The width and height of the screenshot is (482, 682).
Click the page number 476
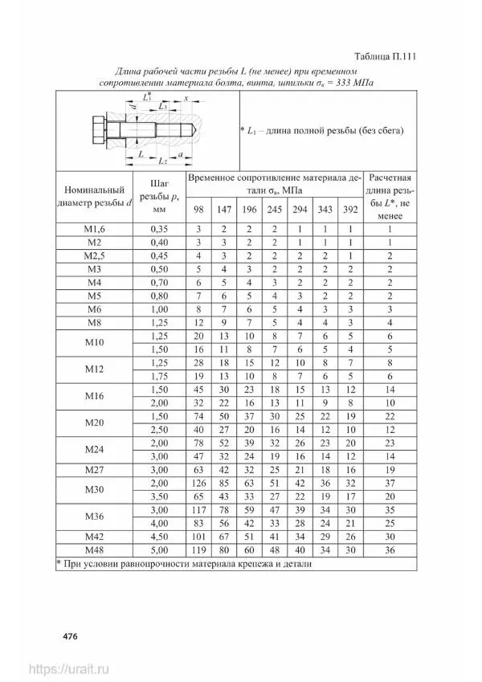pos(70,636)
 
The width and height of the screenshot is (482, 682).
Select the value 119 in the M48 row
pos(198,550)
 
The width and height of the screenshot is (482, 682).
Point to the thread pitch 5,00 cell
pos(158,550)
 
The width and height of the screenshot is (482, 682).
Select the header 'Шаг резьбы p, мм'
pos(158,195)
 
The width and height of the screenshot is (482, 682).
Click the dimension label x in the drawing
pos(186,99)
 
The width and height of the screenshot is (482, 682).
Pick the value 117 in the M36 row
pos(198,510)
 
